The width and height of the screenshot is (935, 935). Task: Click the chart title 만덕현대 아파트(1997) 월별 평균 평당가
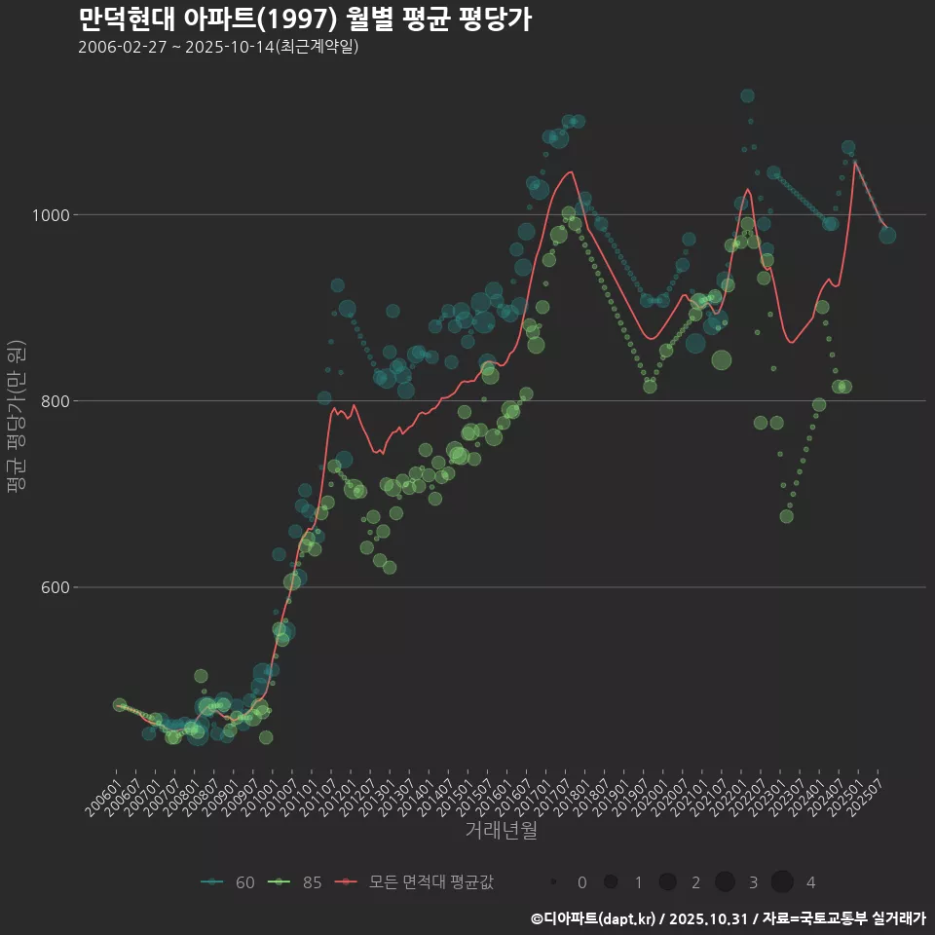click(x=304, y=19)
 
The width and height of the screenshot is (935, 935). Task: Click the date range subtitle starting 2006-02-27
click(x=218, y=47)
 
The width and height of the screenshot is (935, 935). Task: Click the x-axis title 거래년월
click(x=501, y=830)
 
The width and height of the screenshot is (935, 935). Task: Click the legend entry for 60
click(x=227, y=882)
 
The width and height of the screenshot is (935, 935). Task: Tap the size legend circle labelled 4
click(x=782, y=882)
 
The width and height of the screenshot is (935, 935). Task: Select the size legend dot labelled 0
click(x=553, y=882)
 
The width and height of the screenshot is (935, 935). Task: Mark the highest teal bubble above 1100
click(x=747, y=95)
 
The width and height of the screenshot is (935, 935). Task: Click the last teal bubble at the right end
click(x=887, y=235)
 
